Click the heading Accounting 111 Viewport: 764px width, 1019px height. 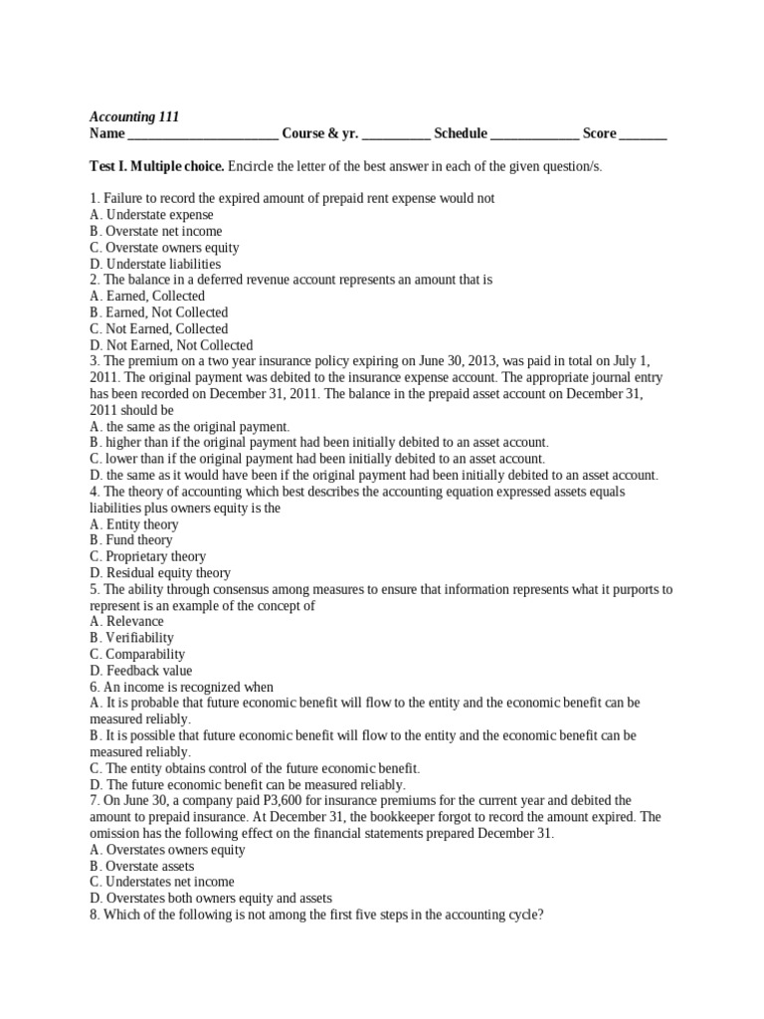pyautogui.click(x=134, y=116)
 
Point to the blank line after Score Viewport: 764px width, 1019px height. pyautogui.click(x=644, y=135)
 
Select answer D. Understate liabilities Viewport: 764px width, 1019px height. pyautogui.click(x=155, y=264)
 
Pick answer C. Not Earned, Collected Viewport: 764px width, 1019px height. pyautogui.click(x=158, y=328)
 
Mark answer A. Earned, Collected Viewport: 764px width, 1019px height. pyautogui.click(x=147, y=296)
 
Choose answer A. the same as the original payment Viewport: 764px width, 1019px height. pyautogui.click(x=189, y=426)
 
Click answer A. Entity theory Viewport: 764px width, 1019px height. pyautogui.click(x=134, y=523)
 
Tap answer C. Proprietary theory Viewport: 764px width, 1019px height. pyautogui.click(x=147, y=556)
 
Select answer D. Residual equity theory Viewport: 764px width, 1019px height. pyautogui.click(x=159, y=573)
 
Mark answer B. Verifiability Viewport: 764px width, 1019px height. pyautogui.click(x=131, y=637)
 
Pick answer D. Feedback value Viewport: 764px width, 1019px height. pyautogui.click(x=140, y=670)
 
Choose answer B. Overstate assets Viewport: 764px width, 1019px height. pyautogui.click(x=141, y=866)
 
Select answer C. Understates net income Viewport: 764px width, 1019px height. pyautogui.click(x=162, y=882)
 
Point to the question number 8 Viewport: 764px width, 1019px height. pyautogui.click(x=94, y=914)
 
